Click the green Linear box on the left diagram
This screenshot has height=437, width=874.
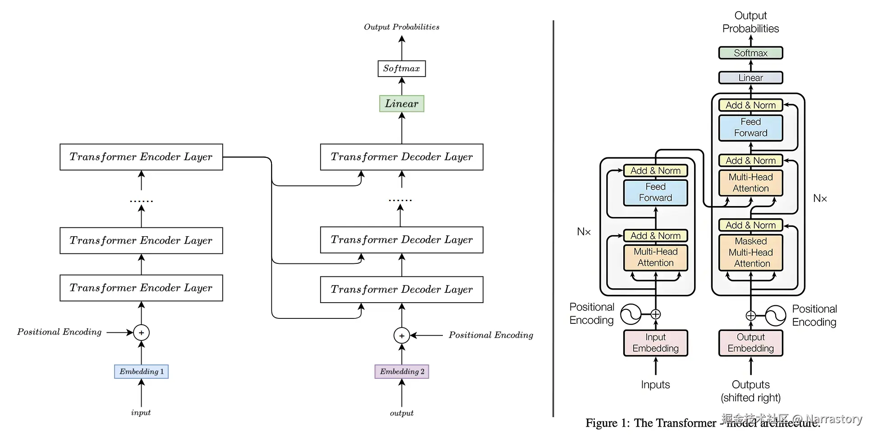pyautogui.click(x=401, y=104)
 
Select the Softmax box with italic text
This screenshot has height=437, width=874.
pyautogui.click(x=401, y=69)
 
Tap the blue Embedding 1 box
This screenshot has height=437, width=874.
pyautogui.click(x=141, y=372)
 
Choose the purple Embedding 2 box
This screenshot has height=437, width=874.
pyautogui.click(x=401, y=372)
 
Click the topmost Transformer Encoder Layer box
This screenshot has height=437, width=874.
pyautogui.click(x=141, y=157)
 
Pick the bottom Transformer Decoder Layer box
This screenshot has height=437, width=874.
pyautogui.click(x=401, y=290)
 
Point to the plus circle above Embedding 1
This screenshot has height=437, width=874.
pyautogui.click(x=141, y=333)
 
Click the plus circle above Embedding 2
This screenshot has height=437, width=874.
pyautogui.click(x=401, y=336)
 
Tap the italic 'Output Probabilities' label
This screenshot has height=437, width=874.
pyautogui.click(x=401, y=27)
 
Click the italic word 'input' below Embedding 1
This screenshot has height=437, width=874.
pyautogui.click(x=141, y=413)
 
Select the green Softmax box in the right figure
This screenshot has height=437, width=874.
pyautogui.click(x=750, y=53)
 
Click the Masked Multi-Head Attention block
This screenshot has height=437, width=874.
pyautogui.click(x=750, y=253)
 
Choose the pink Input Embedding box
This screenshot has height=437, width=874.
pyautogui.click(x=655, y=343)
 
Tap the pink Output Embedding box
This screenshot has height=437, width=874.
pyautogui.click(x=750, y=343)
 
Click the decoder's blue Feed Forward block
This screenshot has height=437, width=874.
pyautogui.click(x=750, y=128)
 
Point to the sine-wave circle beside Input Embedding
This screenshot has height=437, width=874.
pyautogui.click(x=630, y=314)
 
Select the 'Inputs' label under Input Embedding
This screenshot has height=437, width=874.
pyautogui.click(x=655, y=385)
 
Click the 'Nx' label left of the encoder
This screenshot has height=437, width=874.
pyautogui.click(x=584, y=232)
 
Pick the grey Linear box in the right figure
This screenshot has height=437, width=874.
pyautogui.click(x=750, y=78)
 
